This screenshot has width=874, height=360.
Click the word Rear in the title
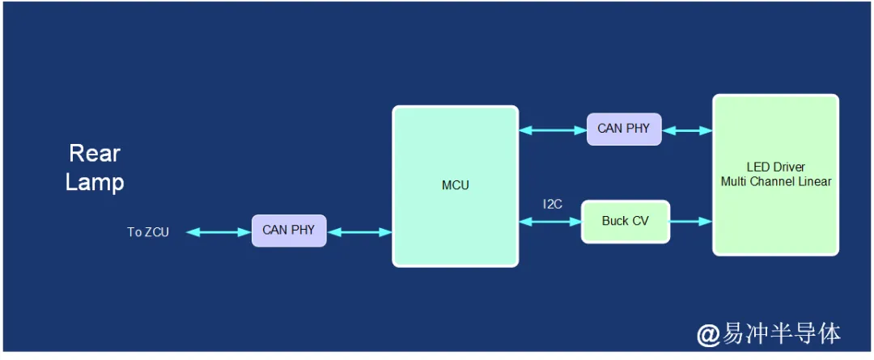tap(95, 153)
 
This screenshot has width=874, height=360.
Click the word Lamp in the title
tap(95, 182)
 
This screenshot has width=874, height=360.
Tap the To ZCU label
tap(148, 232)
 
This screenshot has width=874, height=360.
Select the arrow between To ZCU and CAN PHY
tap(218, 232)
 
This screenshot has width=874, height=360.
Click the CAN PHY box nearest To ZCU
tap(289, 231)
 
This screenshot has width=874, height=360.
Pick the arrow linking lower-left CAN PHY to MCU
tap(359, 232)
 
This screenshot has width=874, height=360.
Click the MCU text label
tap(455, 185)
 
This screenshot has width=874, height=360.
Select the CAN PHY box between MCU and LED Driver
tap(623, 129)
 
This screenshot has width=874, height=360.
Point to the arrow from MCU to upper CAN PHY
tap(553, 129)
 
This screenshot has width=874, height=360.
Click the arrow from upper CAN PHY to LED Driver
tap(687, 129)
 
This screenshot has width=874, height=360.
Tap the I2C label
tap(553, 204)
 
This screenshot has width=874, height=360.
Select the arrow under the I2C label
tap(550, 221)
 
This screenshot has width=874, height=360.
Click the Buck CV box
tap(626, 221)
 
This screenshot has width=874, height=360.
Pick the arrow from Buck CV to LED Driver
tap(691, 221)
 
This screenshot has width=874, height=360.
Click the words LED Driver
tap(775, 167)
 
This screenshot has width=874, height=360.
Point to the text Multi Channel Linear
tap(775, 181)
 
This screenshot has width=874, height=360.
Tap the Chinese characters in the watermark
tap(781, 333)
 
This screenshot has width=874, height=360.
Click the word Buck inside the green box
tap(615, 221)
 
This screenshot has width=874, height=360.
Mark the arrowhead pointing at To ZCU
tap(192, 232)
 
